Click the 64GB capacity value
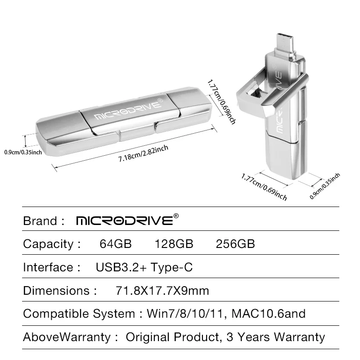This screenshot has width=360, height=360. [115, 244]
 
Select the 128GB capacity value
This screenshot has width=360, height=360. [174, 244]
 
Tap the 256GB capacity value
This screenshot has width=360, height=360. [235, 244]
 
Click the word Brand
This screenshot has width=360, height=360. [40, 221]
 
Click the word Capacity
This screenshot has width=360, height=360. [48, 244]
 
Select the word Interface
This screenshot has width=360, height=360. [48, 267]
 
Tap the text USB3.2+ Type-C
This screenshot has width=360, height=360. [144, 267]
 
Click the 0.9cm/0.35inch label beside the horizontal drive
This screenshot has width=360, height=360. [23, 152]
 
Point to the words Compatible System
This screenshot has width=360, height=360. [78, 314]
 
